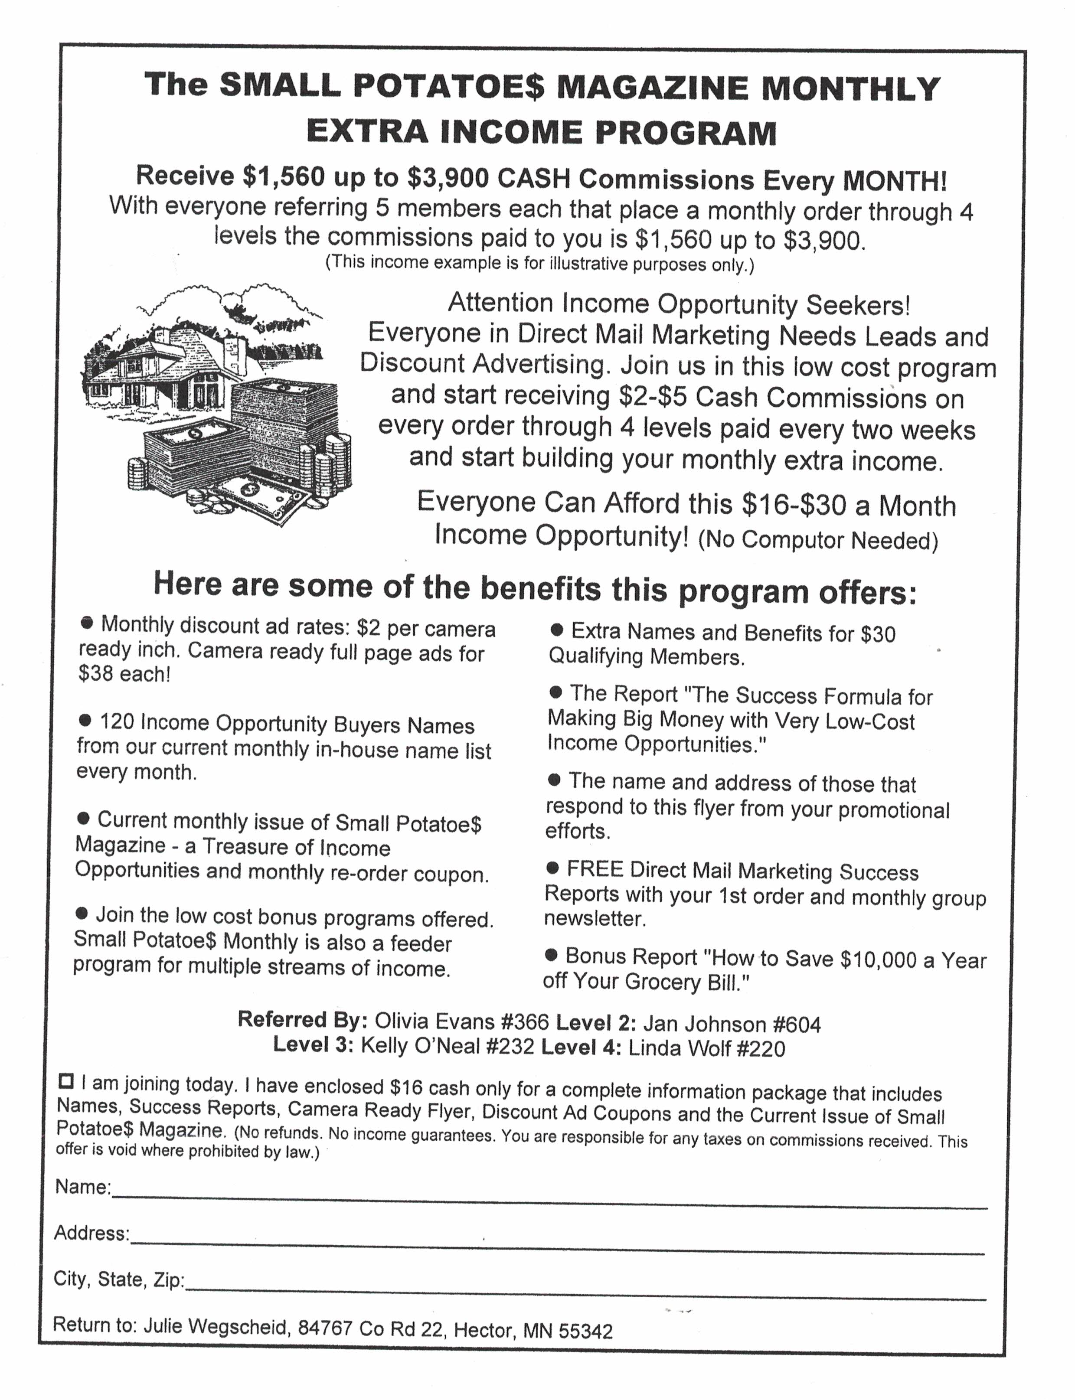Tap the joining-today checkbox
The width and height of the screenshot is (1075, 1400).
[x=65, y=1081]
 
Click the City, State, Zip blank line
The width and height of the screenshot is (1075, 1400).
[x=585, y=1291]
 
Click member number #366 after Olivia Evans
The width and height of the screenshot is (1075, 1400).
[x=525, y=1022]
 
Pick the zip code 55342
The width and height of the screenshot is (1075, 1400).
[x=585, y=1331]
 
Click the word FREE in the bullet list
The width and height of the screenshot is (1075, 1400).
[x=595, y=869]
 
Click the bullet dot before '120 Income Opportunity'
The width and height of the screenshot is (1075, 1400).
[x=85, y=720]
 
